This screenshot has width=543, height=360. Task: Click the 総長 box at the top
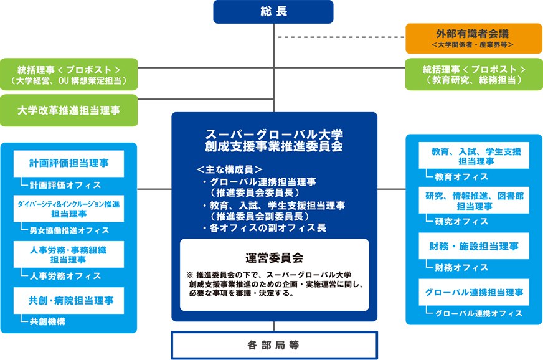tap(274, 11)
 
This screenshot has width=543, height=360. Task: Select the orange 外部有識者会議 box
tap(473, 37)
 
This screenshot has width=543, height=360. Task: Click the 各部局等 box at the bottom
tap(274, 344)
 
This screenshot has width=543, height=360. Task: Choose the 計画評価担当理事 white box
tap(69, 164)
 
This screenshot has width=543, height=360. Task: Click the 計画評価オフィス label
tap(65, 185)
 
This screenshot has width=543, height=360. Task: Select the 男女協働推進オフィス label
tap(69, 230)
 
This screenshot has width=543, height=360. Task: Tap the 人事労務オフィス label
tap(65, 275)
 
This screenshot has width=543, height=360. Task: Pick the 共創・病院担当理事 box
tap(69, 300)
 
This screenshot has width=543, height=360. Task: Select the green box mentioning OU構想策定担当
tap(68, 74)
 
